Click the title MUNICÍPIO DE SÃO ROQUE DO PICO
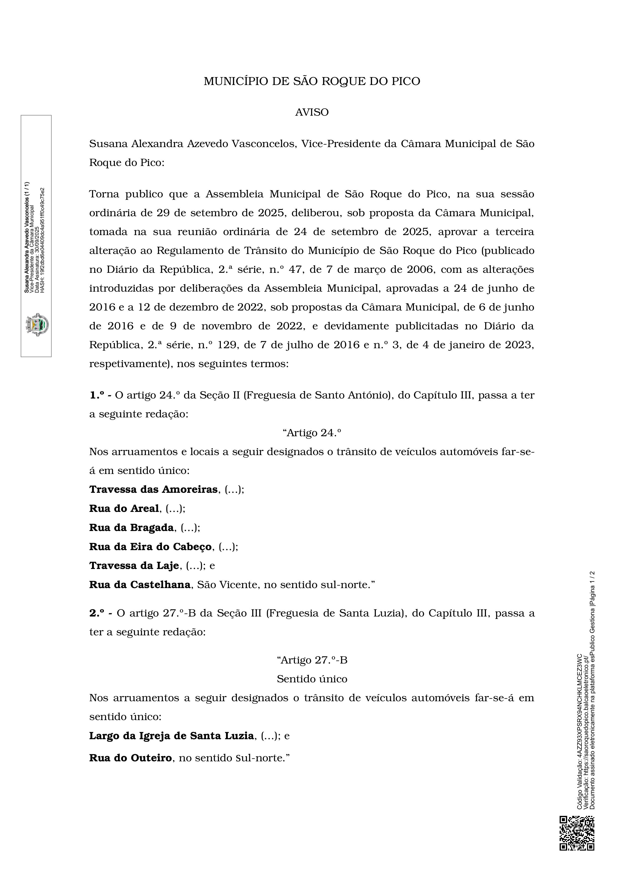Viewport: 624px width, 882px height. [312, 81]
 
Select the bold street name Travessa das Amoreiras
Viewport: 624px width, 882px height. [153, 490]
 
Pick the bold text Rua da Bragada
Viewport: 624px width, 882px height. [131, 527]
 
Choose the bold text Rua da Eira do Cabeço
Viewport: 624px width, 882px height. [150, 546]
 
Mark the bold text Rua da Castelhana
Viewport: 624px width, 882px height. [140, 584]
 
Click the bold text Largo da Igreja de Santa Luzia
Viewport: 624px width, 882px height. [171, 736]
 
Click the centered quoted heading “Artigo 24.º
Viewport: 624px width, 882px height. [312, 433]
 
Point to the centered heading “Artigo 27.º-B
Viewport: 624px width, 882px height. [312, 660]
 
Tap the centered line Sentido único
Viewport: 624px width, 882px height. [312, 679]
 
